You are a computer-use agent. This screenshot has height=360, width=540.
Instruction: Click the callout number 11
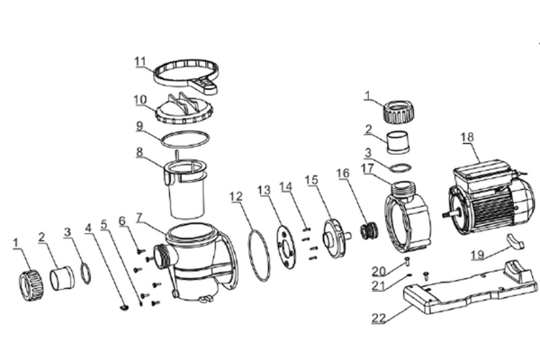[139, 61]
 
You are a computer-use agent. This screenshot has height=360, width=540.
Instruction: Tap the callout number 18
[466, 137]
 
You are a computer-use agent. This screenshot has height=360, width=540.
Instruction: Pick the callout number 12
[235, 195]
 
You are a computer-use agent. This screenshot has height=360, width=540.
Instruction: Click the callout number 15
[311, 181]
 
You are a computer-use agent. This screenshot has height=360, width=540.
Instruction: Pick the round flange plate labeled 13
[284, 242]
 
